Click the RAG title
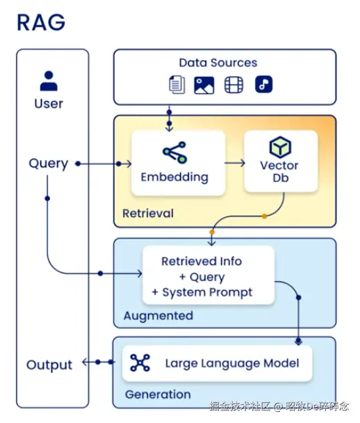pos(41,22)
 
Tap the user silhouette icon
pos(49,81)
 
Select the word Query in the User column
pos(49,163)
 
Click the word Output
pos(49,365)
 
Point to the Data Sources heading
pos(218,63)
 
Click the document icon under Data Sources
pos(177,85)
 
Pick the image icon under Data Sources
pos(204,86)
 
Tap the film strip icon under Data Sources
pos(234,85)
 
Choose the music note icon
pos(264,84)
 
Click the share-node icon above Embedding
pos(174,152)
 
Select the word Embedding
pos(174,177)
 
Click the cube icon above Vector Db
pos(280,147)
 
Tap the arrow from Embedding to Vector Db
pos(235,163)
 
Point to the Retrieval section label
pos(148,214)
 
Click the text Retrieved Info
pos(202,262)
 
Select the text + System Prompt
pos(202,292)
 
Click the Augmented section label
pos(158,316)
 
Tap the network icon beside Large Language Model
pos(140,363)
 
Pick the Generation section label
pos(158,394)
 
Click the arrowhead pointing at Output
pos(84,362)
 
